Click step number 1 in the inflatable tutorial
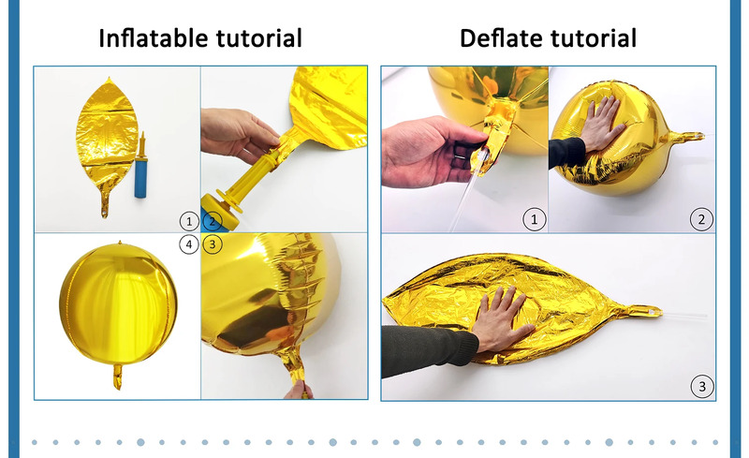(189, 221)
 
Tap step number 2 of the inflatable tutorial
(213, 221)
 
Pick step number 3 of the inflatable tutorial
(213, 244)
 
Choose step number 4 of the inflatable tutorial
(189, 244)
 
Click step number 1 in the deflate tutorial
(534, 219)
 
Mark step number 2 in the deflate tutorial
(701, 219)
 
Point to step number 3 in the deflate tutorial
(701, 386)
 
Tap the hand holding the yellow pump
(238, 133)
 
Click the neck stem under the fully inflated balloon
(118, 377)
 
